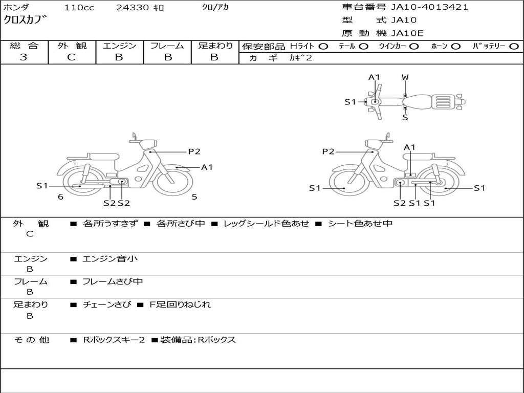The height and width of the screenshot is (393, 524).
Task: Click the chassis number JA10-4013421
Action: pyautogui.click(x=429, y=7)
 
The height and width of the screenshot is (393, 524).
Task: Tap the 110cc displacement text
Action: pyautogui.click(x=79, y=8)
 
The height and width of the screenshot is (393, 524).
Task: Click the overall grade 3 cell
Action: pyautogui.click(x=24, y=57)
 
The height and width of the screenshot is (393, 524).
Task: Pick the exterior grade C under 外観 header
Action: pyautogui.click(x=71, y=57)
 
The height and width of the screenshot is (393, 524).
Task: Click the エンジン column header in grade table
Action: pyautogui.click(x=119, y=46)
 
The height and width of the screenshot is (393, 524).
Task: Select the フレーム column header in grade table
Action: pyautogui.click(x=167, y=46)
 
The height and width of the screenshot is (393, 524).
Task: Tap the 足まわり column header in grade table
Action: pyautogui.click(x=215, y=46)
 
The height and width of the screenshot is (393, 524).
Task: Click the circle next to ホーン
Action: pyautogui.click(x=456, y=46)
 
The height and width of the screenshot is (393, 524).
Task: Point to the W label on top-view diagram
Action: pyautogui.click(x=405, y=77)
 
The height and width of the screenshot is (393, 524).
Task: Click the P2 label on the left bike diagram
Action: pyautogui.click(x=194, y=151)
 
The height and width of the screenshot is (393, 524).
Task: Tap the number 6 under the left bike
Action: pyautogui.click(x=60, y=196)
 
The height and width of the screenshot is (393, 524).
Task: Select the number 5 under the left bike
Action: pyautogui.click(x=194, y=196)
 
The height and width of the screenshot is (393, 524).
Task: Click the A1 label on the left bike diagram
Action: pyautogui.click(x=207, y=167)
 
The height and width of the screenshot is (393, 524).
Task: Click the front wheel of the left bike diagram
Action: pyautogui.click(x=172, y=181)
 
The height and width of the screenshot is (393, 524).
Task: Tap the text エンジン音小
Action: pyautogui.click(x=110, y=259)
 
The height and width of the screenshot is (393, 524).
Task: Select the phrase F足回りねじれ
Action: pyautogui.click(x=180, y=304)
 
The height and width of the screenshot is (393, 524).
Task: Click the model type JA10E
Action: pyautogui.click(x=407, y=33)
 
